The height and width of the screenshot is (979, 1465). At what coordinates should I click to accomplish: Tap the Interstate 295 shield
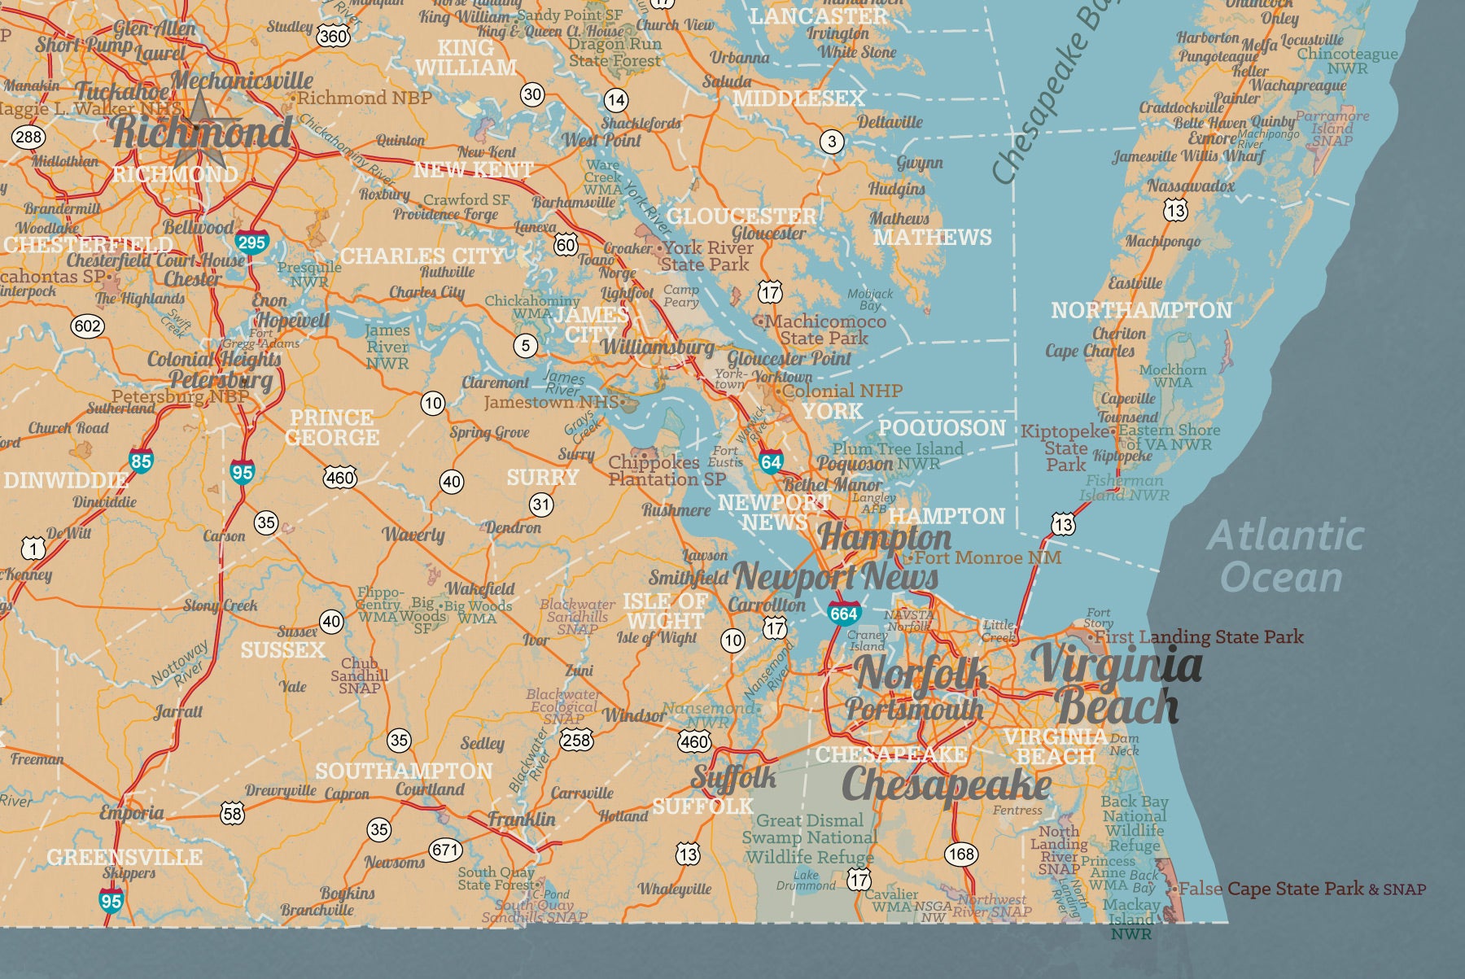point(251,243)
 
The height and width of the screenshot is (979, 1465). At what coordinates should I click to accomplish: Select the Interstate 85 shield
point(141,461)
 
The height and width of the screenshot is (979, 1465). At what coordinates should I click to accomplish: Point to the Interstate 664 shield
point(844,613)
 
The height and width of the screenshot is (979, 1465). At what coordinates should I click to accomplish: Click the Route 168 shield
point(960,854)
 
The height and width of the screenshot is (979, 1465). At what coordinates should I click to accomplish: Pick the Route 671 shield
point(445,850)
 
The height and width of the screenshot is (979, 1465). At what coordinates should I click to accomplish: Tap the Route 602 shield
point(87,326)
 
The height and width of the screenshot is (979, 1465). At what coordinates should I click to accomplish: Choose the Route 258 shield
point(576,740)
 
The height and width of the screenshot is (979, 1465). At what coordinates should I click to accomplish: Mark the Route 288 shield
point(28,136)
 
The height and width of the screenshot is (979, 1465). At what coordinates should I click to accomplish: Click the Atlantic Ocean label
point(1284,557)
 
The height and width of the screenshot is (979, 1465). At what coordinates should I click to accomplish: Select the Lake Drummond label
point(806,880)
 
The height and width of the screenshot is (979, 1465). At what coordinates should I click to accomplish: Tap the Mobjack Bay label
point(870,299)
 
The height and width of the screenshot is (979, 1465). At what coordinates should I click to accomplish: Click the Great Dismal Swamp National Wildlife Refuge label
point(810,838)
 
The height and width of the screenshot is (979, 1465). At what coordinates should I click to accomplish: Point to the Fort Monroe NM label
point(987,557)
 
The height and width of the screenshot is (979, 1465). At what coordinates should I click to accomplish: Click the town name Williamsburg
point(657,347)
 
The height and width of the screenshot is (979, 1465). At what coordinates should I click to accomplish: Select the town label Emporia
point(131,812)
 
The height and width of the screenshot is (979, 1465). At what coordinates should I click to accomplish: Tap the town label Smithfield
point(688,578)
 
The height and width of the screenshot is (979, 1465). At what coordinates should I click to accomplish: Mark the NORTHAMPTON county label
point(1141,310)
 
